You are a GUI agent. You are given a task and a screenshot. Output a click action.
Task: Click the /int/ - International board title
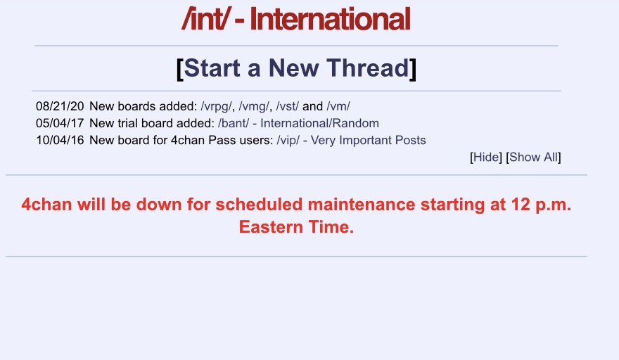(x=296, y=18)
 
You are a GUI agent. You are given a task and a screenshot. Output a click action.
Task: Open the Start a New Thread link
(x=296, y=68)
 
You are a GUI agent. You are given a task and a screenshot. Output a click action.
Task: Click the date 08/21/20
(x=60, y=106)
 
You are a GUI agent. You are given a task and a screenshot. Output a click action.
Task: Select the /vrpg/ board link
(x=216, y=107)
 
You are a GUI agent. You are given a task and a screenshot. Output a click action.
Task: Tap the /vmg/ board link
(x=254, y=107)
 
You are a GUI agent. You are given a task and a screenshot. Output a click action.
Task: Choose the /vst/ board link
(x=288, y=106)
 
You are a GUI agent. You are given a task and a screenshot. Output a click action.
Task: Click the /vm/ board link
(x=338, y=106)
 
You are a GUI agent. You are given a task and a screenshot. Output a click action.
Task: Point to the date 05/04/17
(x=60, y=123)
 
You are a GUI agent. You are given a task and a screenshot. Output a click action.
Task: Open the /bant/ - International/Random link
(x=298, y=123)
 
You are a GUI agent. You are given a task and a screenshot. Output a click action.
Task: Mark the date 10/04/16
(x=60, y=140)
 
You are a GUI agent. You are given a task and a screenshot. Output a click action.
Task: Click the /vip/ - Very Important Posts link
(x=351, y=141)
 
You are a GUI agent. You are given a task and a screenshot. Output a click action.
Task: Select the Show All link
(x=533, y=157)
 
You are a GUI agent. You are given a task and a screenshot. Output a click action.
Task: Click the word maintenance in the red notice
(x=362, y=205)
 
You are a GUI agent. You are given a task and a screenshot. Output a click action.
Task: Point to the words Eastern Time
(x=296, y=227)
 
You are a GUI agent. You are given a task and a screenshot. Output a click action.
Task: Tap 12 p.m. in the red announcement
(x=541, y=205)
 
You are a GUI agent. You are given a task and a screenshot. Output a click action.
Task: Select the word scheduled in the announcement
(x=259, y=205)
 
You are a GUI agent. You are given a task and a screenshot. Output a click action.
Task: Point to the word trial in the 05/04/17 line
(x=127, y=123)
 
